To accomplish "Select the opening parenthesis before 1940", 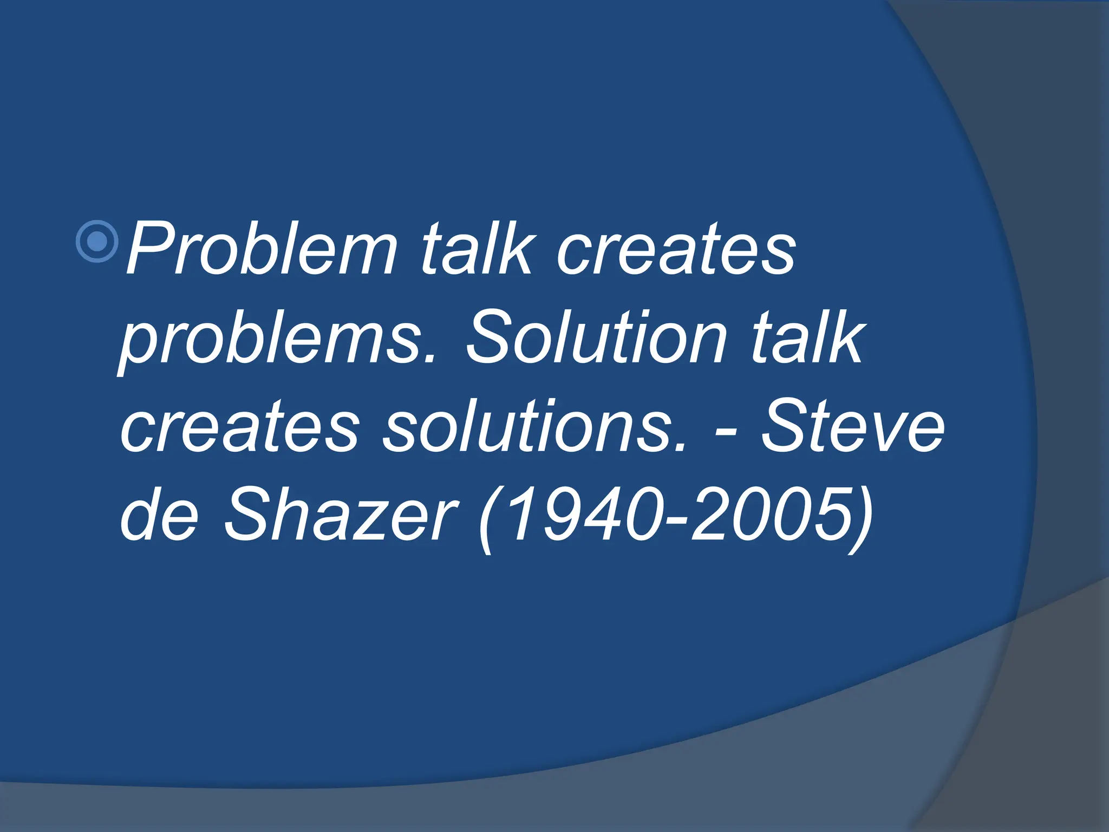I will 486,517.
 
